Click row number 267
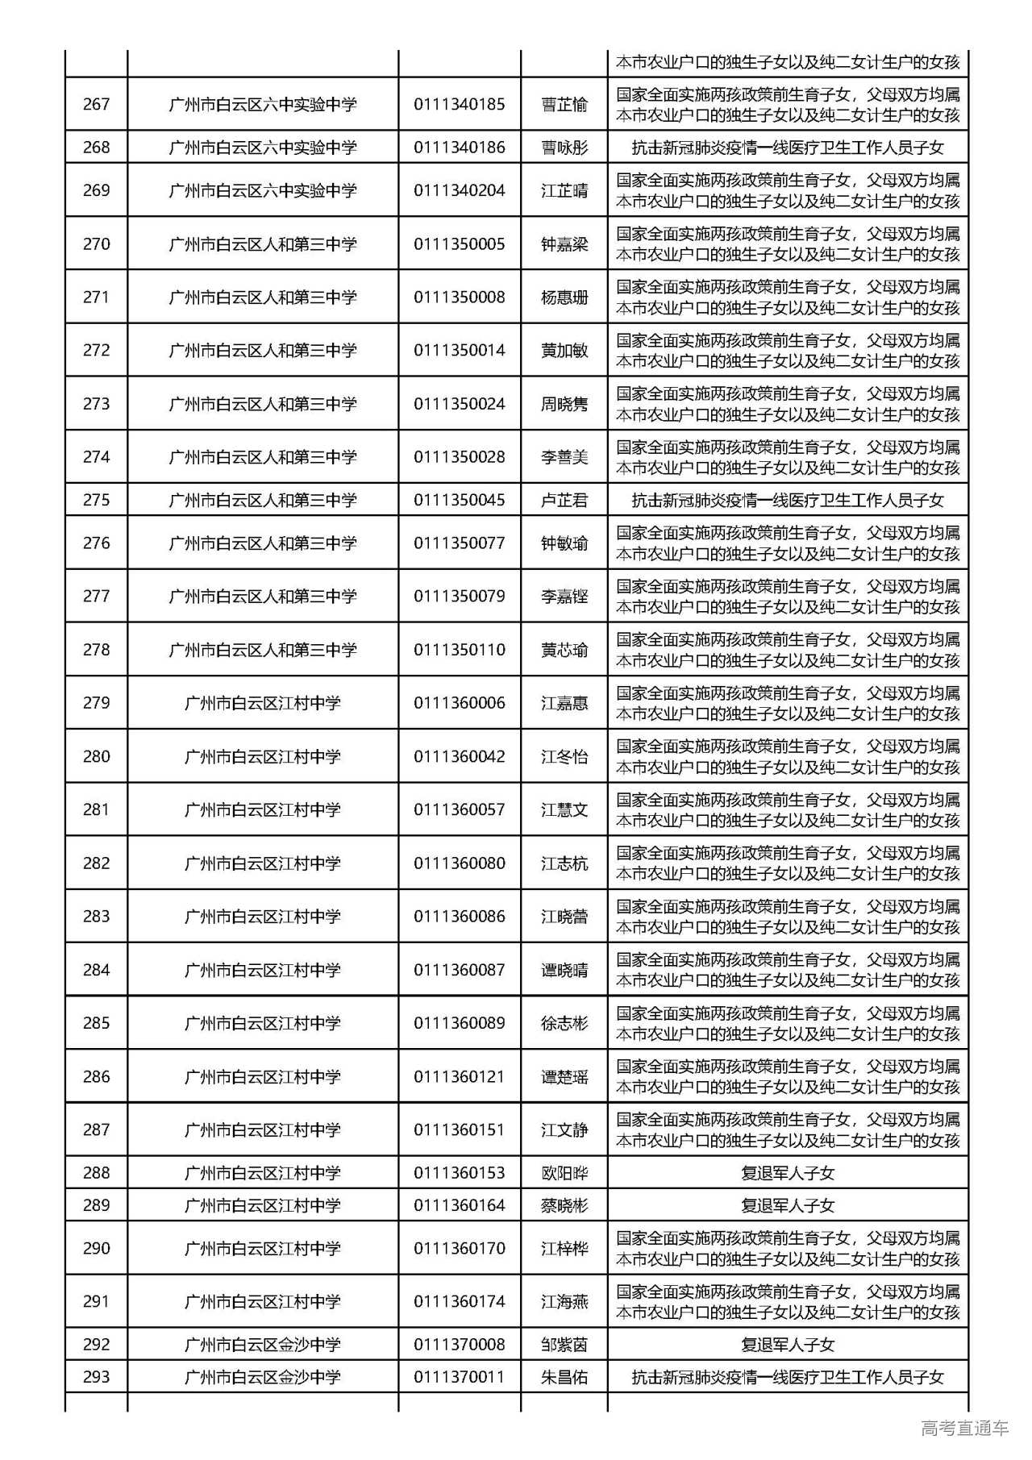pyautogui.click(x=96, y=104)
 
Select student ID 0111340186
pyautogui.click(x=459, y=148)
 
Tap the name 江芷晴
pyautogui.click(x=564, y=191)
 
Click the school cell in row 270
pyautogui.click(x=262, y=244)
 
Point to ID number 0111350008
pyautogui.click(x=459, y=297)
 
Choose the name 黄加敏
pyautogui.click(x=564, y=351)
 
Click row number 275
pyautogui.click(x=96, y=500)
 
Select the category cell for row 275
pyautogui.click(x=787, y=500)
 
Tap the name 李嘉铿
pyautogui.click(x=564, y=597)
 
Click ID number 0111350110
pyautogui.click(x=459, y=650)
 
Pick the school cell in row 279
pyautogui.click(x=262, y=703)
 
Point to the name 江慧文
pyautogui.click(x=564, y=809)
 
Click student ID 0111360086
pyautogui.click(x=459, y=917)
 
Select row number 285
pyautogui.click(x=96, y=1023)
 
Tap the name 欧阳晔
pyautogui.click(x=564, y=1173)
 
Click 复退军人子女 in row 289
pyautogui.click(x=787, y=1205)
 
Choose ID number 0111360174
pyautogui.click(x=459, y=1301)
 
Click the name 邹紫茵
pyautogui.click(x=564, y=1345)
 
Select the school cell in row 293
pyautogui.click(x=262, y=1377)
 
